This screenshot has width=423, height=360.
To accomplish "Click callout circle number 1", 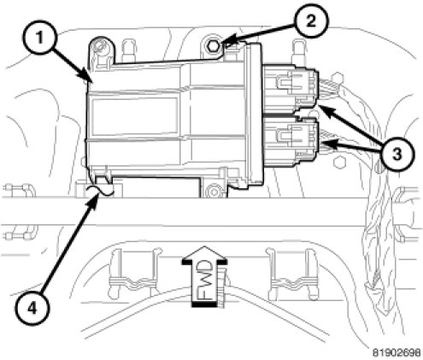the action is tap(39, 38).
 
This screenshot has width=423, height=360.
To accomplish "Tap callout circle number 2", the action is tap(311, 21).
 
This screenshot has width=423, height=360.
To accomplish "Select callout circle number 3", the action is tap(397, 155).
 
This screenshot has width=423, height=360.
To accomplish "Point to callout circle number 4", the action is tap(32, 309).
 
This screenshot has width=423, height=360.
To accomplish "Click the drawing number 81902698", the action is tap(397, 352).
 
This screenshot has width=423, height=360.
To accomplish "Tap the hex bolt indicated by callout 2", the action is tap(213, 45).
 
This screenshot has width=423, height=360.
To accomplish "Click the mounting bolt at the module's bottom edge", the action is tap(213, 191).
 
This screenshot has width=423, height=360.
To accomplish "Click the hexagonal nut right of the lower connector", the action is tap(340, 163).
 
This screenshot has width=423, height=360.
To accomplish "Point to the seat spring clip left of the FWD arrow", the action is tap(134, 274).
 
